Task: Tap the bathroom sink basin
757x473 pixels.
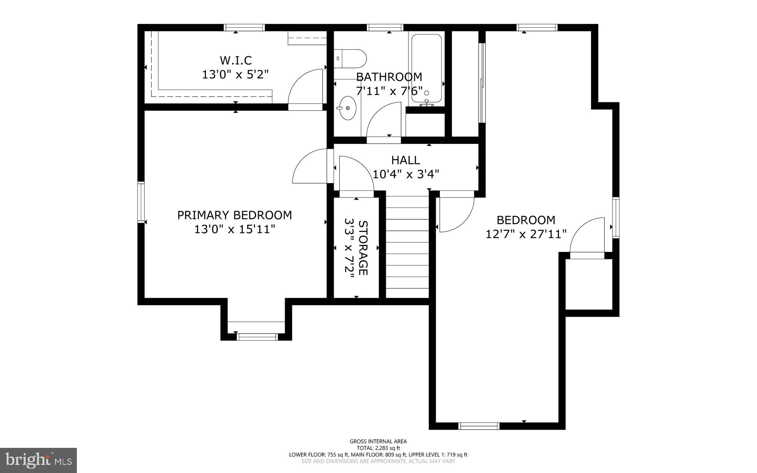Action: [x=347, y=108]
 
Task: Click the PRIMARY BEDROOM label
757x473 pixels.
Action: [x=234, y=215]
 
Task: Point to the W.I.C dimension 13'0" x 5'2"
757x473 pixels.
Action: [x=235, y=74]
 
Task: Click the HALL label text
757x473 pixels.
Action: [x=405, y=160]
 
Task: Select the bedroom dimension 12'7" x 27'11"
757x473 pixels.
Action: [x=526, y=234]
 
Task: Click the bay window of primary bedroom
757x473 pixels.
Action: [x=257, y=337]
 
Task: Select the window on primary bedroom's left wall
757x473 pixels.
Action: [x=141, y=202]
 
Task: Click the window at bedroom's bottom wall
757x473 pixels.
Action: [x=479, y=426]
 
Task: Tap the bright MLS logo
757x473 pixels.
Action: [x=38, y=460]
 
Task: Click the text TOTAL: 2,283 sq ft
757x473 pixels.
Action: [x=378, y=448]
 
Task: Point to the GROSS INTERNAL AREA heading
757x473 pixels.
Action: [x=378, y=441]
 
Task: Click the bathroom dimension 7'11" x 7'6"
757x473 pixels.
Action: [x=389, y=91]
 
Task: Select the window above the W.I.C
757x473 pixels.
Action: [x=244, y=27]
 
